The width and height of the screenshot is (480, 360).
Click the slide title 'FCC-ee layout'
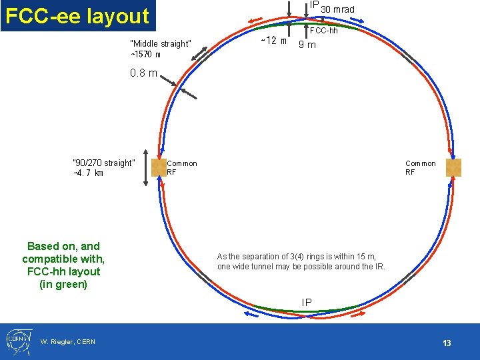point(77,15)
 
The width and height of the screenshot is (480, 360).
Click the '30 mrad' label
point(337,9)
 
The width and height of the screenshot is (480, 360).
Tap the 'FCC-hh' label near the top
point(325,31)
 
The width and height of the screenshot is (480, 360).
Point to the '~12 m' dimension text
point(273,41)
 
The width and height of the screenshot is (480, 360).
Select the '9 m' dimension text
point(307,45)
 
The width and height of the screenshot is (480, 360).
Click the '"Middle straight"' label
point(161,44)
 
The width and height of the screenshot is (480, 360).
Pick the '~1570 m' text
point(145,54)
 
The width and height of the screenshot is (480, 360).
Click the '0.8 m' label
point(143,73)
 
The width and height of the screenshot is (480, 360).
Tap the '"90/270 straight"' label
point(104,163)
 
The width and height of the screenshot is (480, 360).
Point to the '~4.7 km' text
point(89,173)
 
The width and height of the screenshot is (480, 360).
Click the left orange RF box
point(159,167)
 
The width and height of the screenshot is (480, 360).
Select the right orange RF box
point(453,167)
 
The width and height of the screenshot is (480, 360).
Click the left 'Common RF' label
point(181,167)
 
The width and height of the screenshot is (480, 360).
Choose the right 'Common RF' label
point(420,167)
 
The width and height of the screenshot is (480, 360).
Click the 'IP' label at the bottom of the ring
point(307,303)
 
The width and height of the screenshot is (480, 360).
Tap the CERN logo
point(17,341)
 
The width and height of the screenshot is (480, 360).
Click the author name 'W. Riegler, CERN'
point(68,342)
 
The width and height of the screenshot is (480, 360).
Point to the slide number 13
point(447,343)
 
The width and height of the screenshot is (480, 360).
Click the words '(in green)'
point(63,285)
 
